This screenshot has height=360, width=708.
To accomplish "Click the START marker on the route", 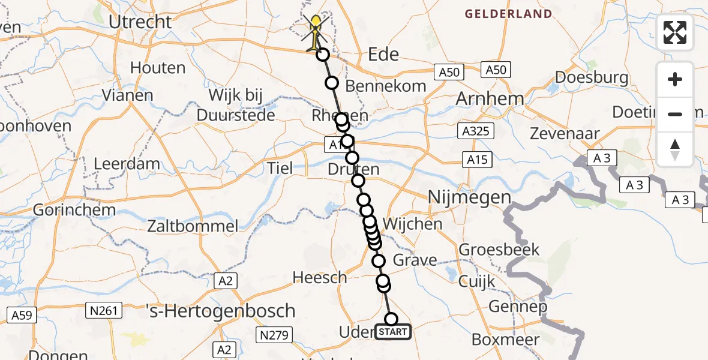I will (x=393, y=332).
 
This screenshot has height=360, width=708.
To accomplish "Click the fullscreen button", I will (x=675, y=32).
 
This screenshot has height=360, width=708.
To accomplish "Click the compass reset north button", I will (x=675, y=149).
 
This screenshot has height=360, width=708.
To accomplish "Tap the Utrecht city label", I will (x=140, y=22).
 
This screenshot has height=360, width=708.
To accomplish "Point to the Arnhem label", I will (x=490, y=98).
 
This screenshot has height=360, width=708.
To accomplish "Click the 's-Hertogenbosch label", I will (x=221, y=311).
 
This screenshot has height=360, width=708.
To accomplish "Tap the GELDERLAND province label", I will (x=508, y=14).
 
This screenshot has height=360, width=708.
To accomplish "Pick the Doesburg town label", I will (x=592, y=77).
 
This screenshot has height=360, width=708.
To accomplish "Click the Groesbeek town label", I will (x=499, y=250).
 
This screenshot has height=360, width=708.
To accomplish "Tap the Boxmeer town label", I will (x=505, y=339).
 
